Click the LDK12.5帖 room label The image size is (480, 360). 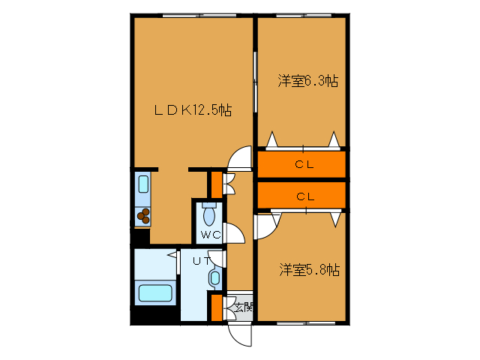coord(193,110)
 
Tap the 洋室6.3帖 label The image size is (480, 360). coord(307,80)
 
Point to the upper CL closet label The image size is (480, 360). coord(303,164)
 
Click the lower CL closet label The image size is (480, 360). coord(303,196)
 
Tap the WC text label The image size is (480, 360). coord(209,235)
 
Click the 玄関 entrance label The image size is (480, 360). coord(243,306)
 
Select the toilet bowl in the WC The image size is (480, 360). coord(209,214)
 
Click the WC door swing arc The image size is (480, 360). coord(234,233)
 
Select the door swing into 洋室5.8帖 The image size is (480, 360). coord(266,224)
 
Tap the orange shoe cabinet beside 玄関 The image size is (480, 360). coord(216,307)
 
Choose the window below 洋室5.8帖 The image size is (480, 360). coord(301,323)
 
